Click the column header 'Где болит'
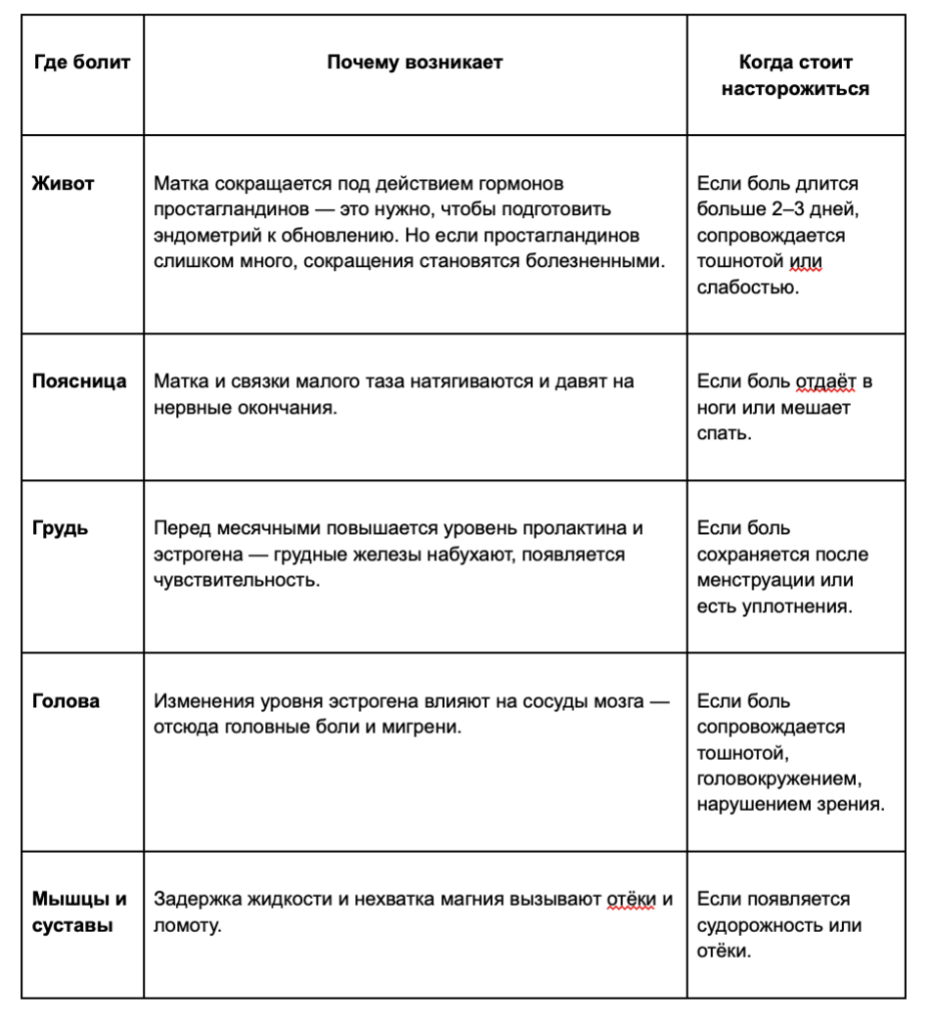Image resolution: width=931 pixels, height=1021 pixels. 82,63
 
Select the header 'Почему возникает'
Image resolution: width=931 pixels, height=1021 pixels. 415,63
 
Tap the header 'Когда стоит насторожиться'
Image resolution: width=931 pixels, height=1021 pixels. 795,75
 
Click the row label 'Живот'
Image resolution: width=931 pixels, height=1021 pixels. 64,183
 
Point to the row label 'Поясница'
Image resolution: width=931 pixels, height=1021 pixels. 79,381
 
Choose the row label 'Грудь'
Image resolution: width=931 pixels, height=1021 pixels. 60,529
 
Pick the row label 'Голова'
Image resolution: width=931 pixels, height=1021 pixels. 66,701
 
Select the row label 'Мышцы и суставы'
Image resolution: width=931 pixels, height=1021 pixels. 79,911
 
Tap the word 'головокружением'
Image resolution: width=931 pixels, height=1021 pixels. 778,779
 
